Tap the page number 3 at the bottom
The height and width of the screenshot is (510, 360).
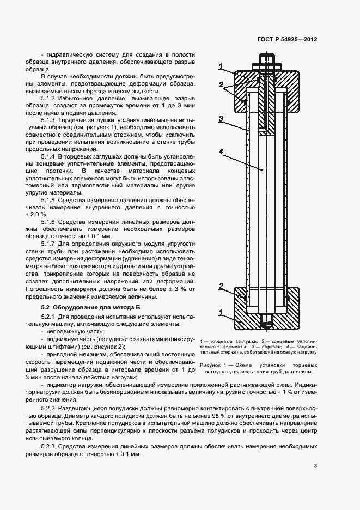pyautogui.click(x=315, y=465)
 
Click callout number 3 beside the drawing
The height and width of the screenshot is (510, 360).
pyautogui.click(x=220, y=118)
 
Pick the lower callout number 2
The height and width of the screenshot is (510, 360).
pyautogui.click(x=221, y=286)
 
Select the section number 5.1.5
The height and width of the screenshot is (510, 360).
pyautogui.click(x=50, y=200)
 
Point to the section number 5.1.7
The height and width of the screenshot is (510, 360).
pyautogui.click(x=50, y=244)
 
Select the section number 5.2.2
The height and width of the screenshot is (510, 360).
pyautogui.click(x=50, y=409)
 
